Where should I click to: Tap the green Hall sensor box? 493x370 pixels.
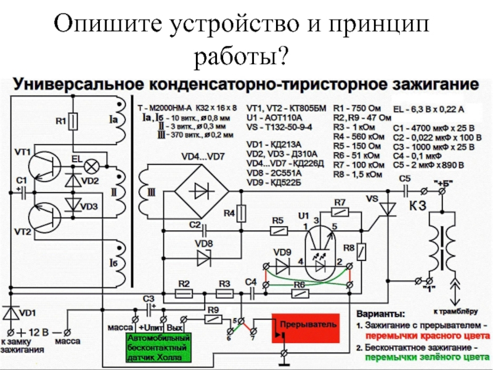[160, 348]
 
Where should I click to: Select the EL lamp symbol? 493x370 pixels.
[92, 166]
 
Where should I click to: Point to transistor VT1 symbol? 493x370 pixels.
[44, 163]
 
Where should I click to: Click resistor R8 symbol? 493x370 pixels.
[364, 252]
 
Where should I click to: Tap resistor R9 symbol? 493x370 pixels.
[213, 320]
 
